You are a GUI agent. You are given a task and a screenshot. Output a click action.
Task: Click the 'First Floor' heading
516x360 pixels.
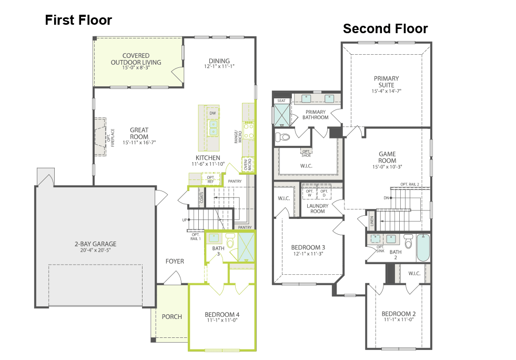(x=78, y=20)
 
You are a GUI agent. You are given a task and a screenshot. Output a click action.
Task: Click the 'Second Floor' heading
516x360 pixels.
(x=385, y=28)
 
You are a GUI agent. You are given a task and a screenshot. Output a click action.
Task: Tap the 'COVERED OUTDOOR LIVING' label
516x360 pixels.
(x=136, y=59)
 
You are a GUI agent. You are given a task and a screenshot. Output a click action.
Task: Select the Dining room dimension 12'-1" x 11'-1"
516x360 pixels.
(x=219, y=67)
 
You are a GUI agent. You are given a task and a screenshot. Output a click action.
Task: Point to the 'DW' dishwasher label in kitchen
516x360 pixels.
(x=213, y=113)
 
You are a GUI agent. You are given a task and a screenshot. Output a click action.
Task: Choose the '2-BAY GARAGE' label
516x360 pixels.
(x=95, y=244)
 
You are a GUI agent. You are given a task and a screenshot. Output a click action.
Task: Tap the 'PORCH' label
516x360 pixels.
(x=171, y=316)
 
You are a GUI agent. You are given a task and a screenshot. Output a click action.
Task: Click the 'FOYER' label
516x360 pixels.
(x=175, y=261)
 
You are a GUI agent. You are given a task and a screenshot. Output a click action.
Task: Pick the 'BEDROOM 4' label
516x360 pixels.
(x=222, y=315)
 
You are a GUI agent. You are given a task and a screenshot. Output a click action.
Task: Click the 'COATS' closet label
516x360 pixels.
(x=201, y=197)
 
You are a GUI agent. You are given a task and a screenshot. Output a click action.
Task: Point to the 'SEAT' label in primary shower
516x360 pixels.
(x=281, y=101)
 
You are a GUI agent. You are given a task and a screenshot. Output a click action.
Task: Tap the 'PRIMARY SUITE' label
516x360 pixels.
(x=387, y=82)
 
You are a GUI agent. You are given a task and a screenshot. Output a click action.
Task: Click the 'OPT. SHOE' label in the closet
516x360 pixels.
(x=306, y=153)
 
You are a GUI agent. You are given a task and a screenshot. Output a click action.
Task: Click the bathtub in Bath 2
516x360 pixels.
(x=423, y=248)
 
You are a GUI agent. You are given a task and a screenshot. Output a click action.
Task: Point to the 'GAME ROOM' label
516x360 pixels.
(x=387, y=157)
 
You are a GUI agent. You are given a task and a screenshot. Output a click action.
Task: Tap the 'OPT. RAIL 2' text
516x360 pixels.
(x=410, y=184)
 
